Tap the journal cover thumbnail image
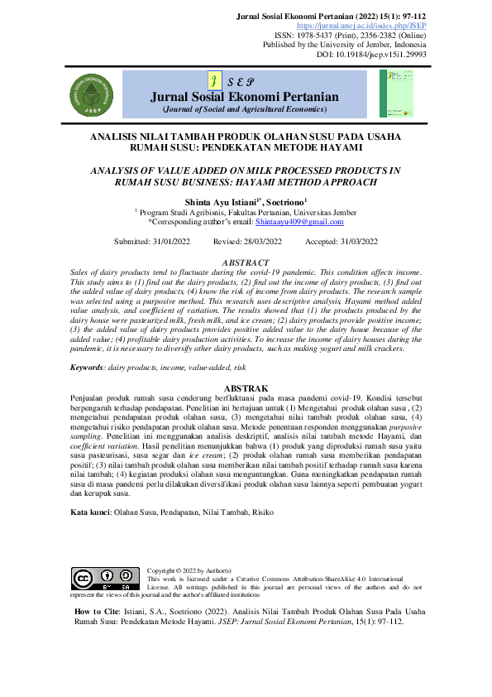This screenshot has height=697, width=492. (396, 93)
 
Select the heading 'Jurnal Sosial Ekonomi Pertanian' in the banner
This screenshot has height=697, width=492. (246, 97)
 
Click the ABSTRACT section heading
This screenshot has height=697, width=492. (246, 262)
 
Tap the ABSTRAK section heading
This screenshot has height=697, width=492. (246, 388)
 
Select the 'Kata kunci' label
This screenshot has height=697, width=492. (90, 513)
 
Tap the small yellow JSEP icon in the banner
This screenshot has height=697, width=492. (214, 81)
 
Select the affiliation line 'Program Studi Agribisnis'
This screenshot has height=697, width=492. (246, 212)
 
